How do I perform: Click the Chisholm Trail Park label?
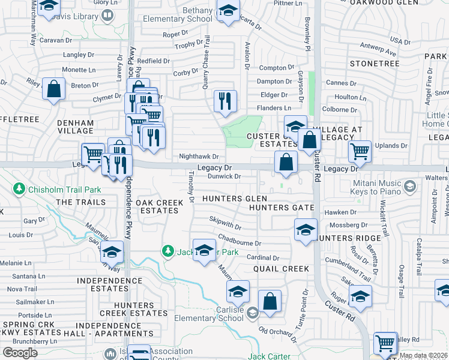pyautogui.click(x=56, y=190)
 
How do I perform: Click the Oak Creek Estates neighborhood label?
pyautogui.click(x=159, y=206)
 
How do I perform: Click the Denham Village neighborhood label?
pyautogui.click(x=75, y=127)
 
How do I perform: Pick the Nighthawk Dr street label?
pyautogui.click(x=199, y=157)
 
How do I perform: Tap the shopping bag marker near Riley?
pyautogui.click(x=53, y=89)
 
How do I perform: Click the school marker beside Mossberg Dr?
pyautogui.click(x=306, y=230)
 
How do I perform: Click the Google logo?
pyautogui.click(x=20, y=352)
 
